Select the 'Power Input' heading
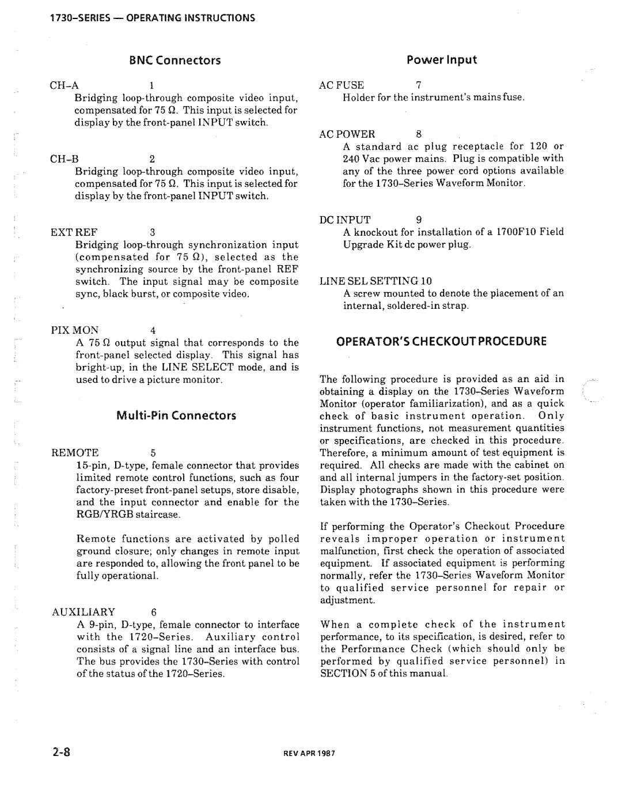442,60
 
